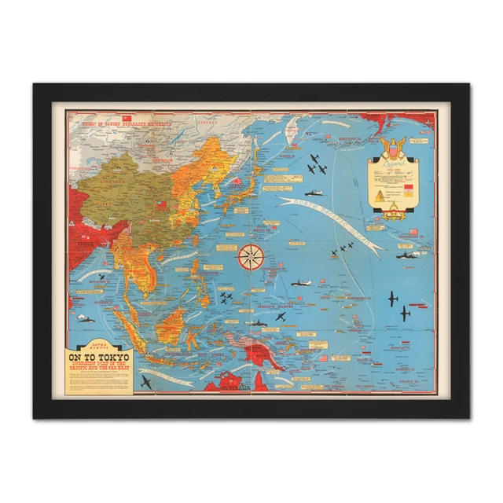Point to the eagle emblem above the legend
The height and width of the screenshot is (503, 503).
(391, 145)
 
